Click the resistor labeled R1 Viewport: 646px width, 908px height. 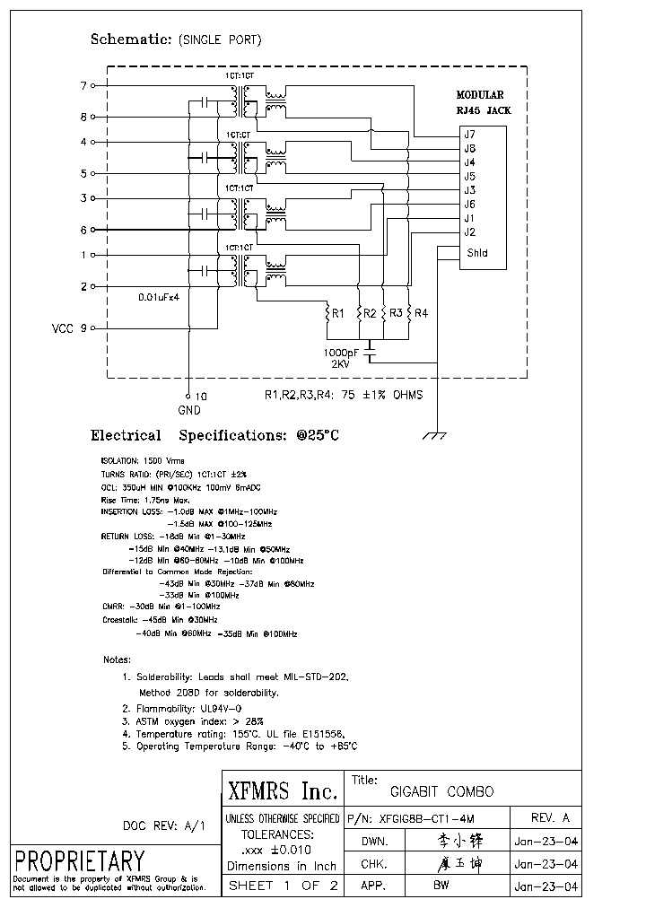pyautogui.click(x=328, y=314)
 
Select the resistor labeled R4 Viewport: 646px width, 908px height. pyautogui.click(x=408, y=313)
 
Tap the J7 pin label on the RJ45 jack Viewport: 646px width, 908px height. pyautogui.click(x=468, y=135)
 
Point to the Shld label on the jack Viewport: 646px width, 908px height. pyautogui.click(x=476, y=253)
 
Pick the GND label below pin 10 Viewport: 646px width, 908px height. pyautogui.click(x=189, y=410)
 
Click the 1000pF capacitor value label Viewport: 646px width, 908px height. pyautogui.click(x=342, y=353)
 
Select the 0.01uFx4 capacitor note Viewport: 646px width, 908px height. pyautogui.click(x=165, y=297)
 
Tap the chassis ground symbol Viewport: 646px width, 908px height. pyautogui.click(x=436, y=435)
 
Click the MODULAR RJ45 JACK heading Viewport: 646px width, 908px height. pyautogui.click(x=480, y=101)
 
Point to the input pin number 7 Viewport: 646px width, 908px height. pyautogui.click(x=83, y=85)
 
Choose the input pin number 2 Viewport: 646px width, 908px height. pyautogui.click(x=83, y=287)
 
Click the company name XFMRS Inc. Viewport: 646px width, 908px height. pyautogui.click(x=283, y=791)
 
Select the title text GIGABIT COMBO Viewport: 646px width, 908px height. pyautogui.click(x=441, y=792)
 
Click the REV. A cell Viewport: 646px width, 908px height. pyautogui.click(x=550, y=818)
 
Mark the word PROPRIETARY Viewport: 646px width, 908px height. pyautogui.click(x=80, y=860)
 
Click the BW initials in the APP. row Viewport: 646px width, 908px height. pyautogui.click(x=441, y=886)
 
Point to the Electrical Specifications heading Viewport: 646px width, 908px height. pyautogui.click(x=215, y=436)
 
